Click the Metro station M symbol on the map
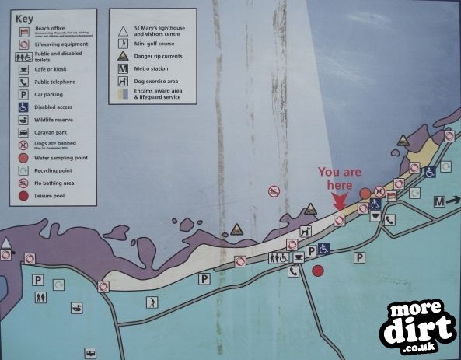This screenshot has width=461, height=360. (439, 201)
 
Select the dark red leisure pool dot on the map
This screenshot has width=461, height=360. (317, 271)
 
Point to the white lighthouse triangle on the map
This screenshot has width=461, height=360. (6, 243)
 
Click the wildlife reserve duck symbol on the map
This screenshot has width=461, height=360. (77, 309)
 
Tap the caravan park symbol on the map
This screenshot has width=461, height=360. (90, 352)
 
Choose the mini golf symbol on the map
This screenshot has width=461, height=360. (150, 302)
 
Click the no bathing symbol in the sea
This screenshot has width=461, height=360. (274, 191)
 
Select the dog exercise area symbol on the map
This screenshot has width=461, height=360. (306, 232)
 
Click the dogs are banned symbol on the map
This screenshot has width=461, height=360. (379, 190)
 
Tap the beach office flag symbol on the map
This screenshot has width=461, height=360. (392, 196)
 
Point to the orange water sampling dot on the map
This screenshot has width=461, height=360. (365, 193)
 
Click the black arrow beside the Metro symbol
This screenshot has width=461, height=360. (453, 201)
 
